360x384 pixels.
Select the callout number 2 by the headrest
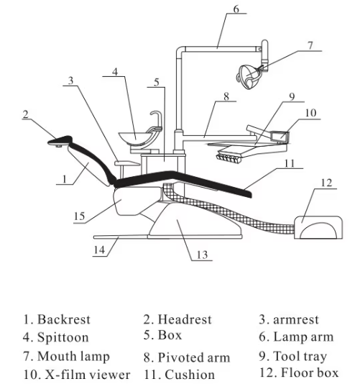point(26,114)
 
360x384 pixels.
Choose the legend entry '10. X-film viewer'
point(76,375)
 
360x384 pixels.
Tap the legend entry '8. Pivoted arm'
point(186,357)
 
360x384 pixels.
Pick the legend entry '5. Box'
point(162,335)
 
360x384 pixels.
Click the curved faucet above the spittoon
point(154,117)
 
